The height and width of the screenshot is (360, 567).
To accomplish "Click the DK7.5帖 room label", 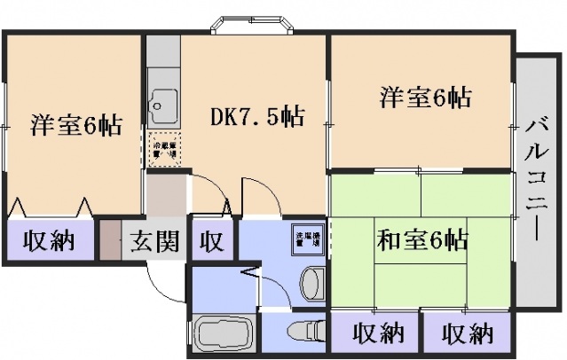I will (257, 117).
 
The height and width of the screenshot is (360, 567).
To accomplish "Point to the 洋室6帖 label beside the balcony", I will (426, 97).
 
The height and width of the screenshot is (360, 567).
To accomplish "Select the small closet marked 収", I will (211, 240).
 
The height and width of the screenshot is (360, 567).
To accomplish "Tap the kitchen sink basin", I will (162, 108).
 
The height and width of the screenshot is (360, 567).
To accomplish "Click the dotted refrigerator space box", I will (162, 148).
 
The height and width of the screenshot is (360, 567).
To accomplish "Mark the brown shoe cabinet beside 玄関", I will (109, 240).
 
